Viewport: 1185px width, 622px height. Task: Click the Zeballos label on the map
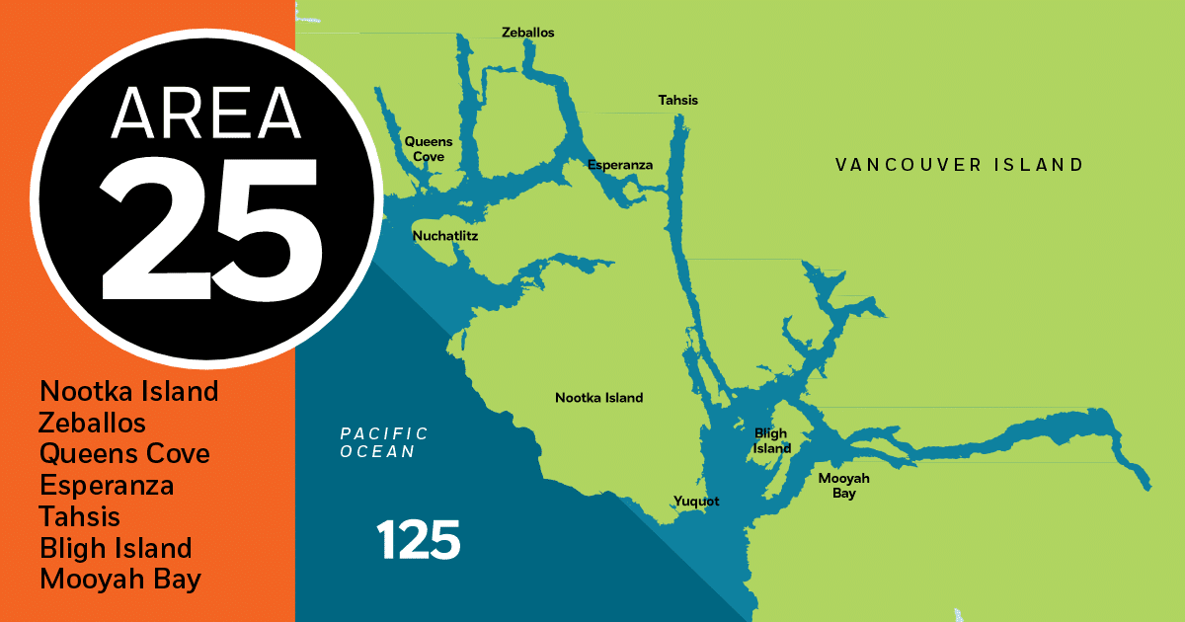point(527,33)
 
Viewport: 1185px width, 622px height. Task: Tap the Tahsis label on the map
point(677,100)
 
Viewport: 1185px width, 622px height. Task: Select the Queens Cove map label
point(429,149)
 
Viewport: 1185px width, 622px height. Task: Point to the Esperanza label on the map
point(619,165)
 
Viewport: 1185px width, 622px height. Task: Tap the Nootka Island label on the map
point(598,398)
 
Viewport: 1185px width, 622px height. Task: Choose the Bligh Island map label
point(772,440)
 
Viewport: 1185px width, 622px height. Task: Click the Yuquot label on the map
point(696,501)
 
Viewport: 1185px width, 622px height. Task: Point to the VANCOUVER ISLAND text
point(959,165)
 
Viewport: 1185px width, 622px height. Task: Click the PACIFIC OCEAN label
point(384,442)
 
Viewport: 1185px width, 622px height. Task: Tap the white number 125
point(418,540)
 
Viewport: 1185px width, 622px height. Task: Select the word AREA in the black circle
point(205,114)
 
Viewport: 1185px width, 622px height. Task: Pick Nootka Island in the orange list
point(128,392)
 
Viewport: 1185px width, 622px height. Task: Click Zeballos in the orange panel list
point(93,424)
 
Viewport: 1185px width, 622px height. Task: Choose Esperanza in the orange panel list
point(107,486)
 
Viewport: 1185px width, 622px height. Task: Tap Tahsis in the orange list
point(80,516)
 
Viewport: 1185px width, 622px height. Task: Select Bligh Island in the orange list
point(116,548)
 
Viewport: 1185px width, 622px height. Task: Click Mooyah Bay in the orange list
point(120,580)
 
